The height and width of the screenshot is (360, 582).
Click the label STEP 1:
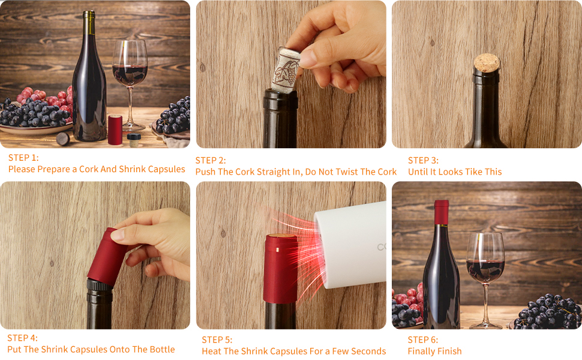(x=23, y=158)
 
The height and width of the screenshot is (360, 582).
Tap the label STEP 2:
(x=211, y=160)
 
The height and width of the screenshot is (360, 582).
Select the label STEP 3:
(x=423, y=160)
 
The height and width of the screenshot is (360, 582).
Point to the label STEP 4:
(x=22, y=338)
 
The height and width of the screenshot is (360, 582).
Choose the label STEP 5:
(x=217, y=340)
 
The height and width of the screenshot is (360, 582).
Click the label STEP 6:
(x=423, y=340)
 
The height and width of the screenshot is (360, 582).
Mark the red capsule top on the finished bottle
(x=442, y=212)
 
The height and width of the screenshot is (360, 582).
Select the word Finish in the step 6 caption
(x=448, y=351)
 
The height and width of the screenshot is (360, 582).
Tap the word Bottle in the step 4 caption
(x=160, y=349)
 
